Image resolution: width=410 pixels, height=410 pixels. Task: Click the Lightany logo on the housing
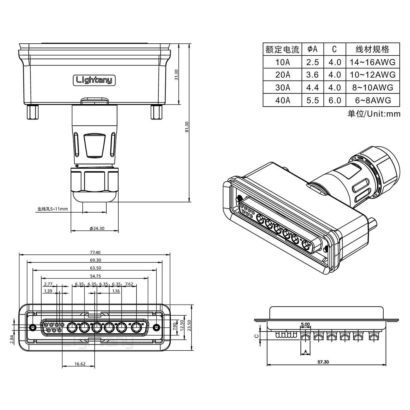(94, 80)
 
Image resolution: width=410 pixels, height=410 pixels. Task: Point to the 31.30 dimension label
(176, 75)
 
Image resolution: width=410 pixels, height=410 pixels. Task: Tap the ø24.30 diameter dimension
(97, 228)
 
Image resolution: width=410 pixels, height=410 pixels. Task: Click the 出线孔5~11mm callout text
(53, 209)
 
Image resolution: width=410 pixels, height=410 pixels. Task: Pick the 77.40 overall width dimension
(95, 252)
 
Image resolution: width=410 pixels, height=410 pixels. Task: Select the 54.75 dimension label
(95, 276)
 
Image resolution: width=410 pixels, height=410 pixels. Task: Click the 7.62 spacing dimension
(129, 284)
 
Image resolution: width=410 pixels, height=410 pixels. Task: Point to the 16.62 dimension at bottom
(80, 364)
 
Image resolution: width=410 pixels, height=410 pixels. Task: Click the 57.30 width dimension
(323, 362)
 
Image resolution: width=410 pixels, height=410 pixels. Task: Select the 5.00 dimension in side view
(305, 324)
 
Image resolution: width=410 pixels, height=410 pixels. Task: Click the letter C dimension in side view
(257, 336)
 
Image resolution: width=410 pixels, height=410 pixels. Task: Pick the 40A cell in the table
(283, 100)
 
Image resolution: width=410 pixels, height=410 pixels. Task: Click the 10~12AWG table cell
(373, 75)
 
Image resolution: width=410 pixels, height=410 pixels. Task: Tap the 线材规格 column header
(373, 49)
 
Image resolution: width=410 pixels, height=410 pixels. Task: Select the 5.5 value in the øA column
(312, 100)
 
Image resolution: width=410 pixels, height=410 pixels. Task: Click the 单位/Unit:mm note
(374, 114)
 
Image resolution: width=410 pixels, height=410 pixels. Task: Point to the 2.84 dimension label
(12, 339)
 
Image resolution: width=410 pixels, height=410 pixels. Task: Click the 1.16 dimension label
(116, 291)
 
